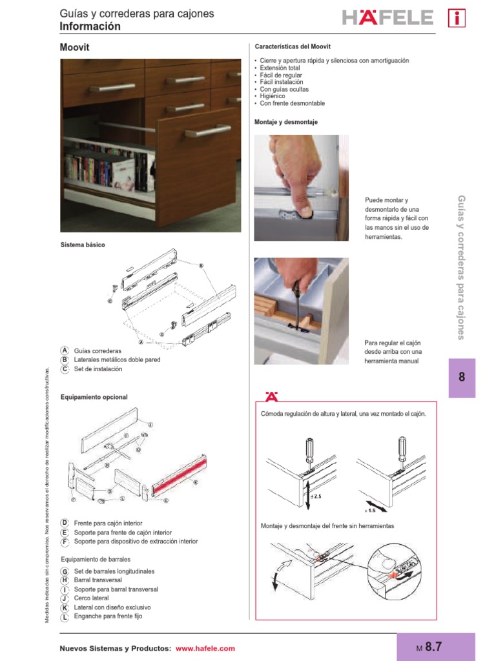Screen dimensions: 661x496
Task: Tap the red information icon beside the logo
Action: [457, 18]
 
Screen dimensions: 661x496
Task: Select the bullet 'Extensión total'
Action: [280, 68]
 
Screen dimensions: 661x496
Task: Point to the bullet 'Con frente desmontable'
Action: [292, 103]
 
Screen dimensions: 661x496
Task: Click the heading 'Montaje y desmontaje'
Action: [286, 122]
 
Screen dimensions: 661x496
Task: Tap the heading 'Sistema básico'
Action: [83, 245]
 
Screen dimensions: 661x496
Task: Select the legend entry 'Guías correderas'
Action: [98, 351]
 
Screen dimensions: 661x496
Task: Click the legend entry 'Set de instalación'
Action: [98, 369]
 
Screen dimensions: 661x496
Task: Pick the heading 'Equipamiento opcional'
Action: [94, 397]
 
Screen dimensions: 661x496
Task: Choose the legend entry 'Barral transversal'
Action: [98, 580]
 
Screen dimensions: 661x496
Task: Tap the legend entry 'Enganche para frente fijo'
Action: [108, 616]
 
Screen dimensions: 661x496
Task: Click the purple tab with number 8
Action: [461, 378]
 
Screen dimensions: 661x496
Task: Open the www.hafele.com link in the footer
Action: [205, 648]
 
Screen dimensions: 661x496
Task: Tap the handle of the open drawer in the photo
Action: [207, 132]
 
